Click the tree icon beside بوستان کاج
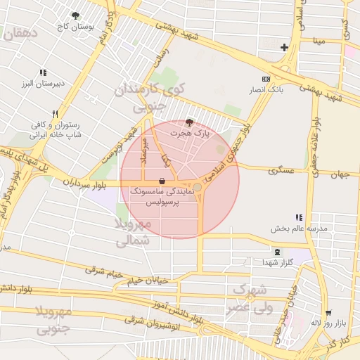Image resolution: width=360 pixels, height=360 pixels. click(x=75, y=15)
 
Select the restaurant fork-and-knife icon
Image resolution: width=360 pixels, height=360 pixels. click(x=54, y=113)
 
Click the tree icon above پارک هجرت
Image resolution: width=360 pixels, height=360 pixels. click(x=188, y=122)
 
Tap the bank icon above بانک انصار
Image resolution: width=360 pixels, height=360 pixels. click(x=266, y=79)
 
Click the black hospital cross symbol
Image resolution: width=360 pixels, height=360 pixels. click(x=284, y=48)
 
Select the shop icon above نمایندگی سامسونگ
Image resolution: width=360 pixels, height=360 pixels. click(x=162, y=181)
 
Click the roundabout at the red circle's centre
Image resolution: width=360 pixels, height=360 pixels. click(x=199, y=188)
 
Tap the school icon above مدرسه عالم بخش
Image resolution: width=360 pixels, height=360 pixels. click(x=298, y=218)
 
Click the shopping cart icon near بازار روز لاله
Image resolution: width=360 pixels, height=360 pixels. click(x=328, y=314)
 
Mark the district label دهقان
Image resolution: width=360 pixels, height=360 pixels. click(x=18, y=32)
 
